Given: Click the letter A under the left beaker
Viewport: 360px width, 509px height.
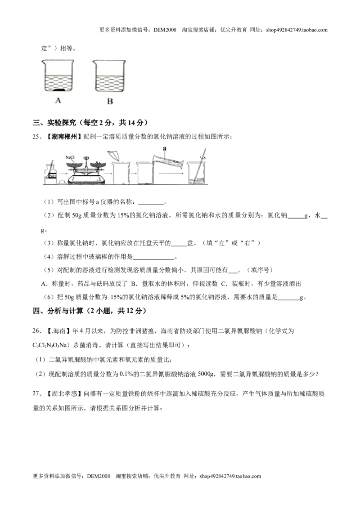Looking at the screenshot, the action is [x=58, y=100].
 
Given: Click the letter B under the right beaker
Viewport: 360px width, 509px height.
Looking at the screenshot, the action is [x=110, y=101].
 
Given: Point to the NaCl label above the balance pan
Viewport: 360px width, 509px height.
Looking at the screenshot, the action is [x=70, y=157].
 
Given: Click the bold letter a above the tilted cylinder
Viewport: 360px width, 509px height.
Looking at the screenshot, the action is [x=165, y=149].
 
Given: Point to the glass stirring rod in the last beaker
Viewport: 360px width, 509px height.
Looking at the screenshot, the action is [x=199, y=165].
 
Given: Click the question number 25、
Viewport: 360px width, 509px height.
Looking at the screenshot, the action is [x=37, y=137].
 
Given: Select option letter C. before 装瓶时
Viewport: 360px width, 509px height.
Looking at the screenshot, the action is [x=224, y=284].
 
